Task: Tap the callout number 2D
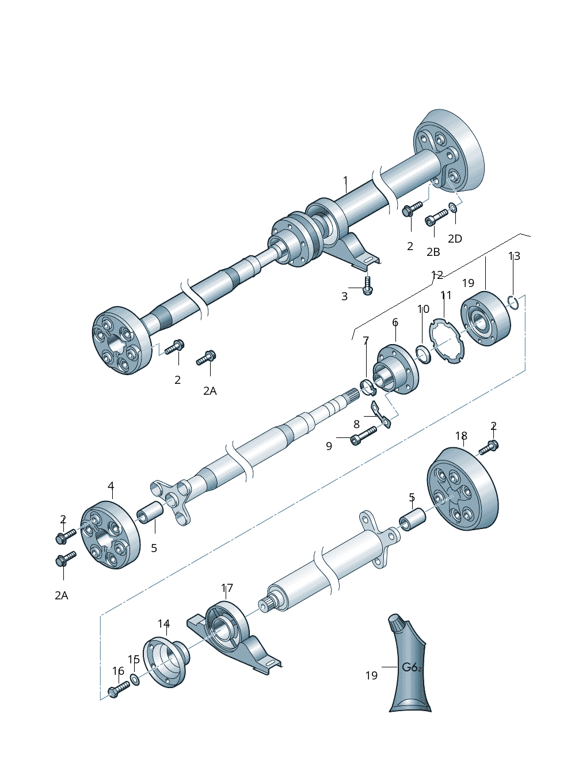pyautogui.click(x=455, y=239)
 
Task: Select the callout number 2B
pyautogui.click(x=433, y=252)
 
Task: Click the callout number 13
pyautogui.click(x=514, y=256)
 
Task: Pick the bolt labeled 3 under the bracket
pyautogui.click(x=367, y=285)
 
